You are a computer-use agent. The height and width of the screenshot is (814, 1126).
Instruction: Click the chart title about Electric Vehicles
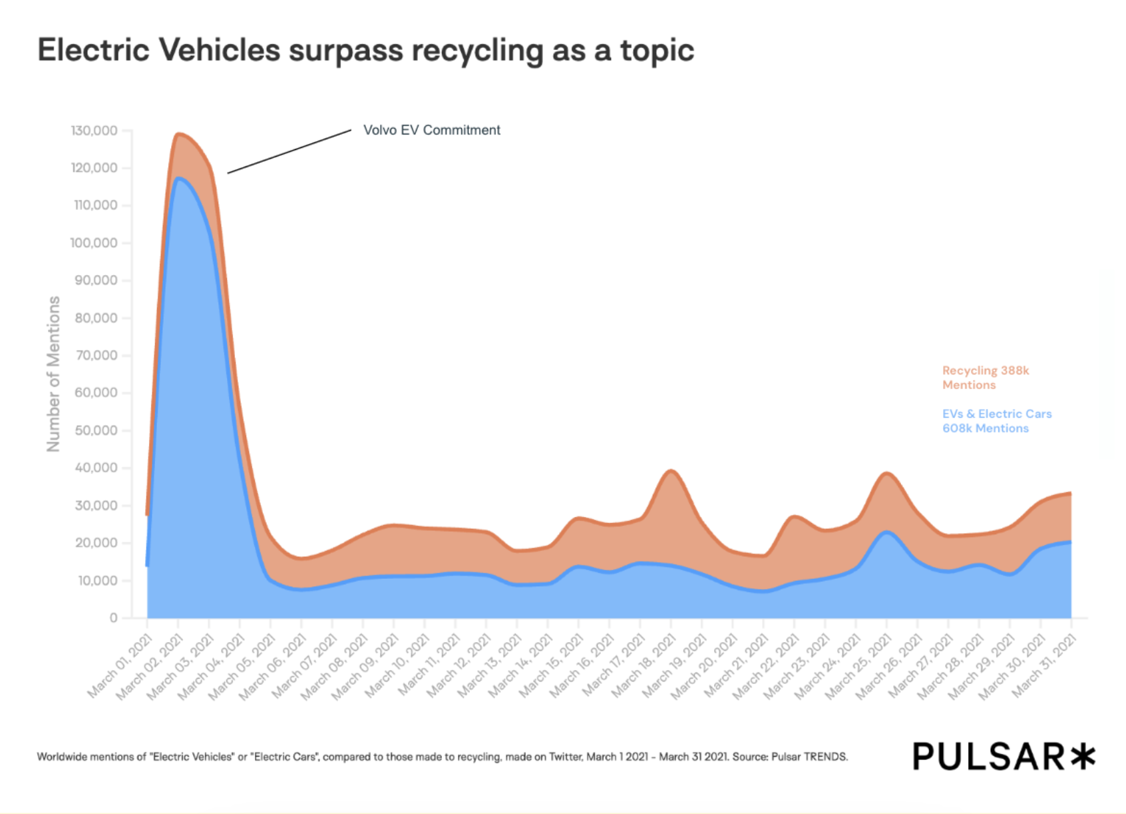tap(365, 51)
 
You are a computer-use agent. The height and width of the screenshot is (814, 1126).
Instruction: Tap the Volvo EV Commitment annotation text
tap(431, 130)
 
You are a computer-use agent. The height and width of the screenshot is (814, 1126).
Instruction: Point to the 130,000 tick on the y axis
tap(94, 131)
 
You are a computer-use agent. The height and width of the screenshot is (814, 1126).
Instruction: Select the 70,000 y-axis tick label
tap(96, 356)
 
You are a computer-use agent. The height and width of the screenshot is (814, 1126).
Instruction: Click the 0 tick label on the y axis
tap(113, 618)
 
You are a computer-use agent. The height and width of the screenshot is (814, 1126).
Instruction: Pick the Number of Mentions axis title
tap(53, 374)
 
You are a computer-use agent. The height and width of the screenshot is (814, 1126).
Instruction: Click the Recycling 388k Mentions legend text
tap(985, 378)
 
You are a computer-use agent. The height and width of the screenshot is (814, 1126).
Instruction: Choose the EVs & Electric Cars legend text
tap(996, 421)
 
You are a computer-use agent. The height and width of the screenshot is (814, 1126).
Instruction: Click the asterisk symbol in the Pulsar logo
tap(1083, 757)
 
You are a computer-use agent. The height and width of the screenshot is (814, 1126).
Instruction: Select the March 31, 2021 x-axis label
tap(1044, 666)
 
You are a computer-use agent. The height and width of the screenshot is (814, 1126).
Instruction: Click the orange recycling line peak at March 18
tap(671, 471)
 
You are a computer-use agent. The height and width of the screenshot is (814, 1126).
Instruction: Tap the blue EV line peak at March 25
tap(886, 532)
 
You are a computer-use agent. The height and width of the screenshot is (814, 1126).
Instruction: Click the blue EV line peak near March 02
tap(178, 178)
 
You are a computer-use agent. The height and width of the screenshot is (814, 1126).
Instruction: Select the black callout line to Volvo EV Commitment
tap(289, 152)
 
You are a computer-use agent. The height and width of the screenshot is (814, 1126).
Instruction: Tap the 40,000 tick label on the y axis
tap(96, 468)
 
